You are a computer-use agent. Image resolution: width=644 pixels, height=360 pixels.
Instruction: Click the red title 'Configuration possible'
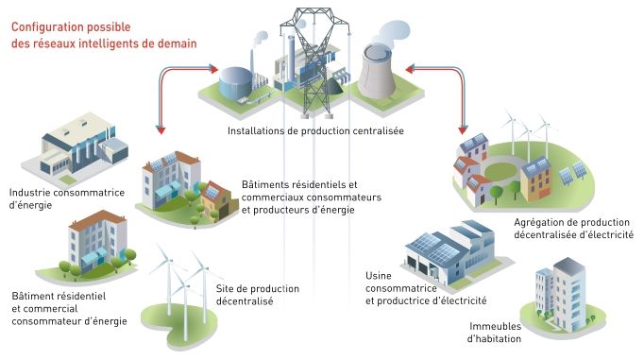tap(72, 15)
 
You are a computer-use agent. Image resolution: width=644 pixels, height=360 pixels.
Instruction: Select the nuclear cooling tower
tap(381, 71)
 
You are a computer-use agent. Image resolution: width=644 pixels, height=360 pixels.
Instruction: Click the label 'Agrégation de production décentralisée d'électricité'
tap(573, 228)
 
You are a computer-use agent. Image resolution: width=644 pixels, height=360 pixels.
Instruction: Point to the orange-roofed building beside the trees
tap(98, 242)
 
